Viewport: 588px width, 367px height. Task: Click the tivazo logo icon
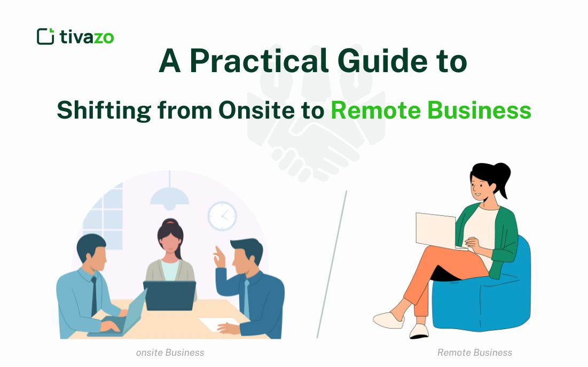click(x=45, y=36)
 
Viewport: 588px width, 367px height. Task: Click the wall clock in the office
click(x=222, y=216)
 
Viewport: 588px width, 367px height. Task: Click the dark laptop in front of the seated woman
click(x=169, y=295)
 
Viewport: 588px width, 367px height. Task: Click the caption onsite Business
click(x=170, y=353)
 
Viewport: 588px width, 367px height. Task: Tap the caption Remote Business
click(x=474, y=353)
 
